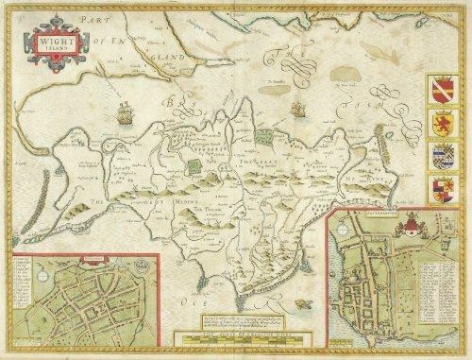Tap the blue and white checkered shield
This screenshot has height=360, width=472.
[444, 157]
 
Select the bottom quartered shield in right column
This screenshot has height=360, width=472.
[444, 190]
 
